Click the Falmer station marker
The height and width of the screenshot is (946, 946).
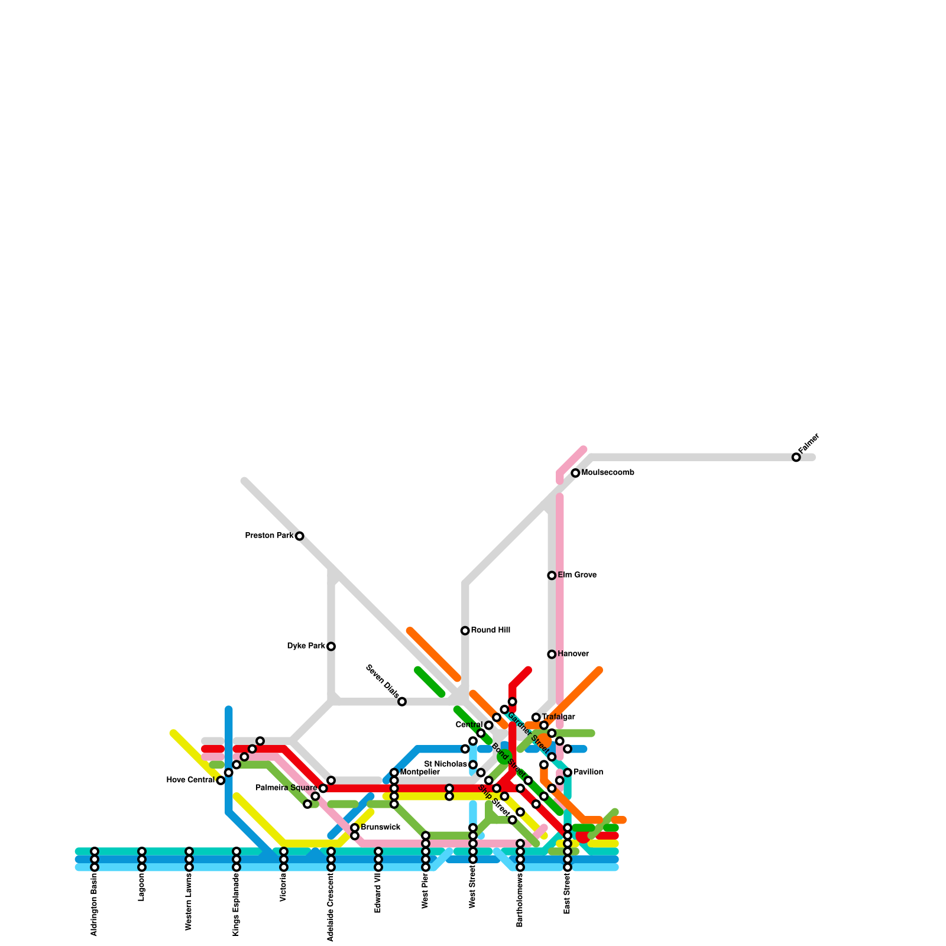pyautogui.click(x=796, y=457)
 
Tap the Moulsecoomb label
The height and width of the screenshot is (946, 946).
pyautogui.click(x=608, y=473)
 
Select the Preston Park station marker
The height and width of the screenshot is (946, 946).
pyautogui.click(x=300, y=536)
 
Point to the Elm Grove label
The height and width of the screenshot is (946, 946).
pyautogui.click(x=577, y=575)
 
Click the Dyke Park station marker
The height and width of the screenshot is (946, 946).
pyautogui.click(x=331, y=646)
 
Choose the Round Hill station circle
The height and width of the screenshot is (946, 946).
pyautogui.click(x=465, y=631)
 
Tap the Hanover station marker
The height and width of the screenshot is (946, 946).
pyautogui.click(x=552, y=655)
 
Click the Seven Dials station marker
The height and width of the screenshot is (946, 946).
pyautogui.click(x=402, y=702)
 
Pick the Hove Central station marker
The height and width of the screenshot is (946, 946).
pyautogui.click(x=221, y=780)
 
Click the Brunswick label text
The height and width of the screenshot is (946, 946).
pyautogui.click(x=380, y=827)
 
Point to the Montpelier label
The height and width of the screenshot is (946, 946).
pyautogui.click(x=420, y=772)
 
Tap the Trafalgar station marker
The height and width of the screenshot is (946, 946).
pyautogui.click(x=536, y=717)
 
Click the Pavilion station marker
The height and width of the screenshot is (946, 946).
pyautogui.click(x=568, y=773)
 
